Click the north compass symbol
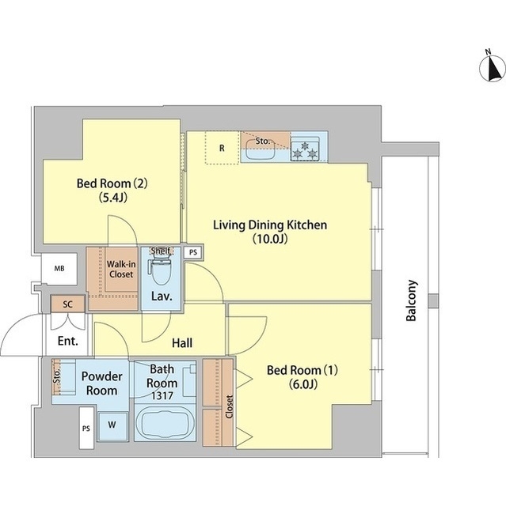pyautogui.click(x=492, y=68)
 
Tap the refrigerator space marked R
pyautogui.click(x=222, y=148)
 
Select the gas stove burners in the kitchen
pyautogui.click(x=305, y=149)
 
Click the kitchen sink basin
pyautogui.click(x=261, y=150)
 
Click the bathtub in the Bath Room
pyautogui.click(x=165, y=423)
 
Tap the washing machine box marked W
pyautogui.click(x=112, y=425)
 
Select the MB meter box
pyautogui.click(x=59, y=269)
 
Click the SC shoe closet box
pyautogui.click(x=68, y=304)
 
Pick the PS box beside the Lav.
pyautogui.click(x=193, y=252)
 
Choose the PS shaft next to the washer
pyautogui.click(x=86, y=428)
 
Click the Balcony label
pyautogui.click(x=411, y=300)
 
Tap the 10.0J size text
pyautogui.click(x=270, y=239)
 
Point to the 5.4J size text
pyautogui.click(x=112, y=198)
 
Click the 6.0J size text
pyautogui.click(x=302, y=384)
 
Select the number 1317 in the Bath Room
pyautogui.click(x=162, y=395)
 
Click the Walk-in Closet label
pyautogui.click(x=121, y=269)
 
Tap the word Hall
pyautogui.click(x=182, y=342)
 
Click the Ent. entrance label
pyautogui.click(x=68, y=341)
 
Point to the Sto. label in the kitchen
pyautogui.click(x=262, y=141)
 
